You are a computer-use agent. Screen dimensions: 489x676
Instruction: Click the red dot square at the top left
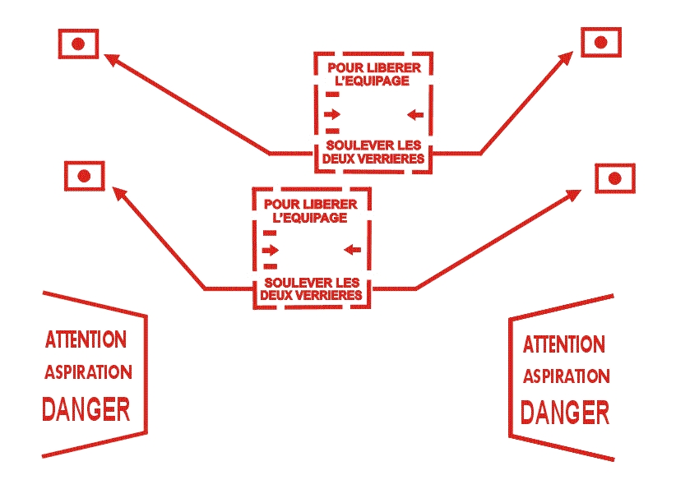(78, 44)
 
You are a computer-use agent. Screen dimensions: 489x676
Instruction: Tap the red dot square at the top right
(601, 42)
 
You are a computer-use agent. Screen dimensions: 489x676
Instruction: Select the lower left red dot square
(84, 176)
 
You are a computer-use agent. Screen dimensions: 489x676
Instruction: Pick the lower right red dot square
(613, 178)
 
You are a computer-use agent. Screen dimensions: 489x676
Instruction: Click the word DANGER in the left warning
(86, 408)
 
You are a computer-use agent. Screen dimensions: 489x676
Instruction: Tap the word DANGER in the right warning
(566, 412)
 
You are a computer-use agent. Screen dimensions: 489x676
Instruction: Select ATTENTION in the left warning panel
(86, 339)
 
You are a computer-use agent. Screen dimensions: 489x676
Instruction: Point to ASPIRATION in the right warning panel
(566, 376)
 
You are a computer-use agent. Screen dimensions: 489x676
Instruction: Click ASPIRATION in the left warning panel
(87, 371)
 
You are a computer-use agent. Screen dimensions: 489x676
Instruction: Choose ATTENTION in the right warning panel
(564, 344)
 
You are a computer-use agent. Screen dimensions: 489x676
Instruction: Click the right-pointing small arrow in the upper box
(332, 113)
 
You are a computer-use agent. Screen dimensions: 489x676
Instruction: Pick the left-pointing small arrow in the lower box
(353, 248)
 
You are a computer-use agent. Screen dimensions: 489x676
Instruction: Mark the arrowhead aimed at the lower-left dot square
(118, 192)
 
